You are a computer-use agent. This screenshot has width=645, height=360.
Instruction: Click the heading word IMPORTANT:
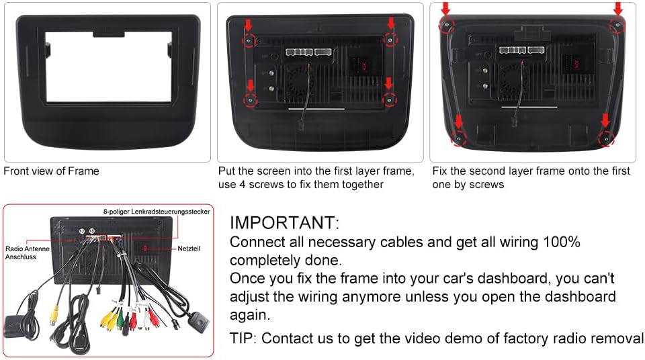click(284, 223)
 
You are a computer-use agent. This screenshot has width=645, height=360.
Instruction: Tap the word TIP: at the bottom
click(243, 338)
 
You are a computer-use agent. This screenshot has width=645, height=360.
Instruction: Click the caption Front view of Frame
click(51, 171)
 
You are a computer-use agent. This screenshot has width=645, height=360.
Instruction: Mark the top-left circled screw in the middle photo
click(249, 40)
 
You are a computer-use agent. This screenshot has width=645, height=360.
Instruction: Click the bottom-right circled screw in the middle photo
click(388, 99)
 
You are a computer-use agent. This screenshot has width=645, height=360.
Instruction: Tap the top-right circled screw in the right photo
click(615, 24)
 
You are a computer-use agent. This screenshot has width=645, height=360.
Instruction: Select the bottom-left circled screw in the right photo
click(459, 138)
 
